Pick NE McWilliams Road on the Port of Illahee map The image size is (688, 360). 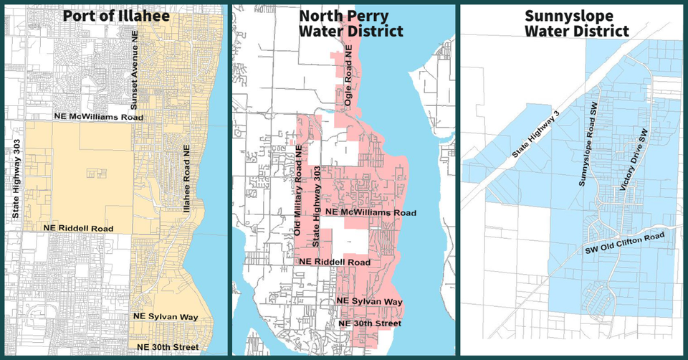[x=98, y=117]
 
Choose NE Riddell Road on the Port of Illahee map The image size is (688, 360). [x=78, y=228]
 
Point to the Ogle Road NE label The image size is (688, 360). [x=349, y=80]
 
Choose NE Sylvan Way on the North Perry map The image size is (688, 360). [x=369, y=301]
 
